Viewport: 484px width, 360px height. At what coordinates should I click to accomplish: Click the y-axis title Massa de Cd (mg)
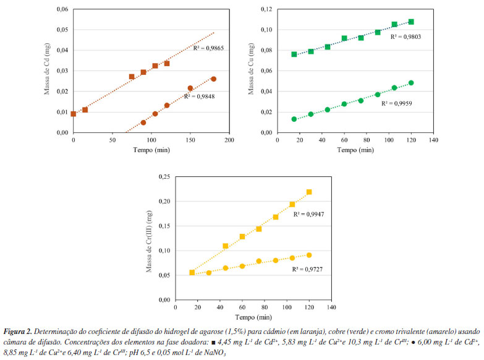point(47,71)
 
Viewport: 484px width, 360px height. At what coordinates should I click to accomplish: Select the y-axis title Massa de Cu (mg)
point(252,71)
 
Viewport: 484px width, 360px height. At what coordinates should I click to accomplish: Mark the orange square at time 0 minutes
point(74,114)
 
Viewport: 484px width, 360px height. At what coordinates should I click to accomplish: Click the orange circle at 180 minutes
point(214,79)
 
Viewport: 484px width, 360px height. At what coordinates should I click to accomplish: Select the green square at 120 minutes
point(411,22)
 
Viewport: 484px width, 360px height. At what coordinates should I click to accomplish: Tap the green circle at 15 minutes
point(294,119)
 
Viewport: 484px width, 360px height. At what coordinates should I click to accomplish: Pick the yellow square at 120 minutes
point(309,192)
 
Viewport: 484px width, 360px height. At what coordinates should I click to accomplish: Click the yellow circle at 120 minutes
point(309,255)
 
